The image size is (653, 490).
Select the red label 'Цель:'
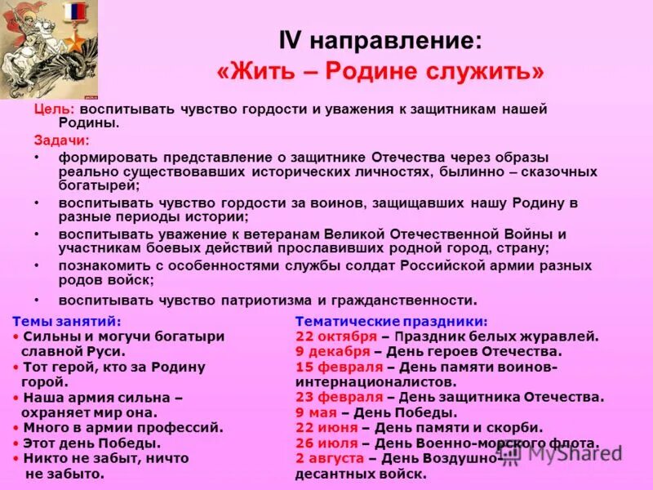tap(55, 109)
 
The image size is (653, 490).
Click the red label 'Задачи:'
tap(61, 140)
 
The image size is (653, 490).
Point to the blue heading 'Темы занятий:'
tap(68, 321)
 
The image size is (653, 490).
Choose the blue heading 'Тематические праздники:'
tap(391, 321)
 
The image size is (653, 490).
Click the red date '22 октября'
tap(335, 336)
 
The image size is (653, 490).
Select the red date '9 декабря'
tap(333, 351)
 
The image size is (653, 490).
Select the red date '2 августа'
tap(331, 458)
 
